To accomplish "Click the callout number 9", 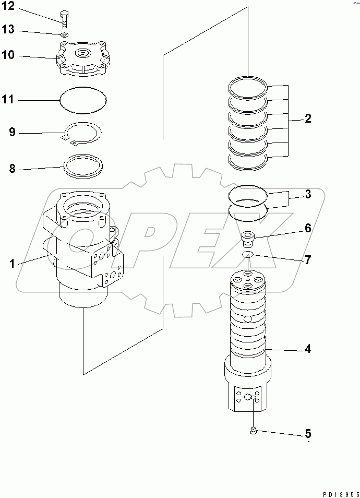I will (12, 132).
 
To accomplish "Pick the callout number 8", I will (12, 169).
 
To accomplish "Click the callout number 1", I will (11, 264).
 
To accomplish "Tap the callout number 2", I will (308, 119).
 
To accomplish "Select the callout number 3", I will (308, 195).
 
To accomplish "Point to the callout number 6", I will (308, 228).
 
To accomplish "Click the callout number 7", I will (308, 259).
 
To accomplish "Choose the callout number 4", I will (308, 349).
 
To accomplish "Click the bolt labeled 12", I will (64, 19).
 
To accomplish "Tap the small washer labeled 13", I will (65, 35).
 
